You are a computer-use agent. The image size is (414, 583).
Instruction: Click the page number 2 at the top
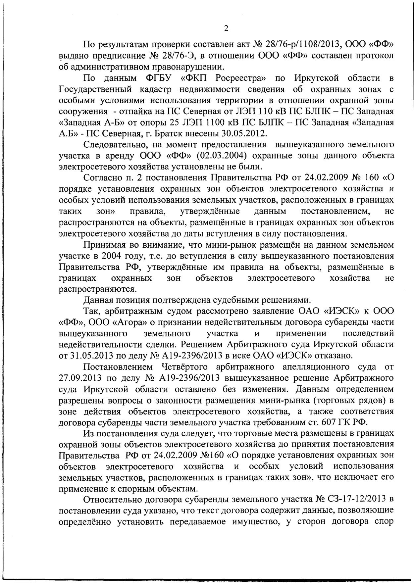(226, 29)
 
